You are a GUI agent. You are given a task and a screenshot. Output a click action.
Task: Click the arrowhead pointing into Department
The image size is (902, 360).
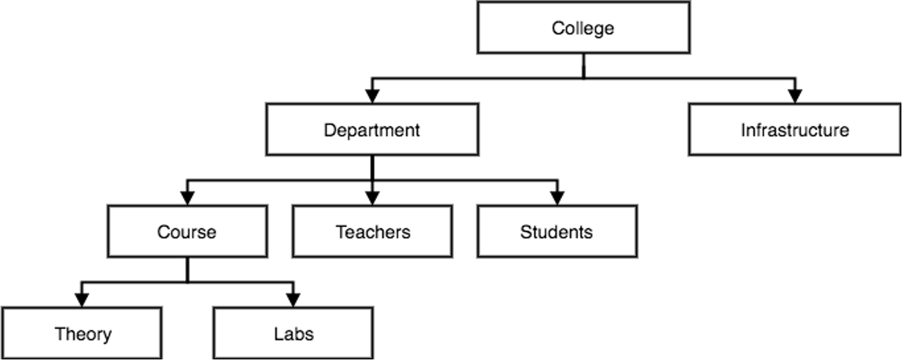pyautogui.click(x=372, y=96)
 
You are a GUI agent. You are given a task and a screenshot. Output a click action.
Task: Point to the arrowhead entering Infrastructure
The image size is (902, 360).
pyautogui.click(x=795, y=96)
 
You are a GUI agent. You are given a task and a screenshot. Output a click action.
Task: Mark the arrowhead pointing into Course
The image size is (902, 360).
pyautogui.click(x=187, y=197)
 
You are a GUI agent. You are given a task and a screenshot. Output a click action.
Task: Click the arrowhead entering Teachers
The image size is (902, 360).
pyautogui.click(x=372, y=197)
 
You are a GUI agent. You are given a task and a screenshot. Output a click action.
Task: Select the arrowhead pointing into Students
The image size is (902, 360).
pyautogui.click(x=557, y=197)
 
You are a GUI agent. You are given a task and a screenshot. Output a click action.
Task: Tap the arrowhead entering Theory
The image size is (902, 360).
pyautogui.click(x=82, y=299)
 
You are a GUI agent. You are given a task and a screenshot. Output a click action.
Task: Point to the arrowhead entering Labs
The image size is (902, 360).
pyautogui.click(x=293, y=299)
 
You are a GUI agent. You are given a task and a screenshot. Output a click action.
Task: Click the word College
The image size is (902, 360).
pyautogui.click(x=582, y=28)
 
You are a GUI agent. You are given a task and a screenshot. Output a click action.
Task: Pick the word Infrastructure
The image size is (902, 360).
pyautogui.click(x=794, y=130)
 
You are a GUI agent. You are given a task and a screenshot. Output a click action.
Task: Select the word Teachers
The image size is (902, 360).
pyautogui.click(x=372, y=232)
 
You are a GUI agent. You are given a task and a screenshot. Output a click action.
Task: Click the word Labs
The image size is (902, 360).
pyautogui.click(x=293, y=334)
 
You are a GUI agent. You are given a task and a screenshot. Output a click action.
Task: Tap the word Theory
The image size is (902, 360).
pyautogui.click(x=83, y=334)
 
